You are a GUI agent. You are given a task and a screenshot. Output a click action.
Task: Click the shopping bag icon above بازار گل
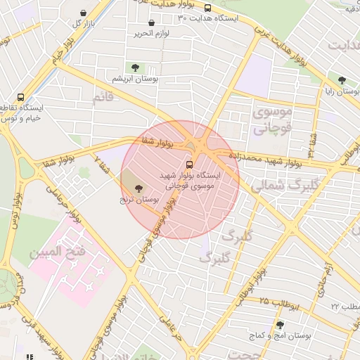(84, 13)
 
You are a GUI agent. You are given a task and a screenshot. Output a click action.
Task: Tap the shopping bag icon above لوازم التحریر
(151, 23)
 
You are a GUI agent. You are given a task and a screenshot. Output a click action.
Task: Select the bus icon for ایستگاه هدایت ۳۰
(207, 8)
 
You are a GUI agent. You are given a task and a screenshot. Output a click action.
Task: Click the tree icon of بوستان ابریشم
(135, 67)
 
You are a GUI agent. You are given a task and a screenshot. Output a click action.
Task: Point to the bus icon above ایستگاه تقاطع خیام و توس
(20, 98)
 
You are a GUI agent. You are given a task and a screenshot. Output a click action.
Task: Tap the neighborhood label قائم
(103, 97)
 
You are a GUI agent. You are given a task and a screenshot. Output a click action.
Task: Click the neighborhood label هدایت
(342, 46)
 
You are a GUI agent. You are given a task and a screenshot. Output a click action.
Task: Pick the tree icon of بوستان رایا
(342, 80)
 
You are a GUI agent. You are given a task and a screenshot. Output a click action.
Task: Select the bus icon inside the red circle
(187, 165)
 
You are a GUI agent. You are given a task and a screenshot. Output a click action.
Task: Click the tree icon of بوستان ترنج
(137, 188)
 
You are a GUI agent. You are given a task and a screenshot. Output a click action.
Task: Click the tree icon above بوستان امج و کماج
(281, 325)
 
